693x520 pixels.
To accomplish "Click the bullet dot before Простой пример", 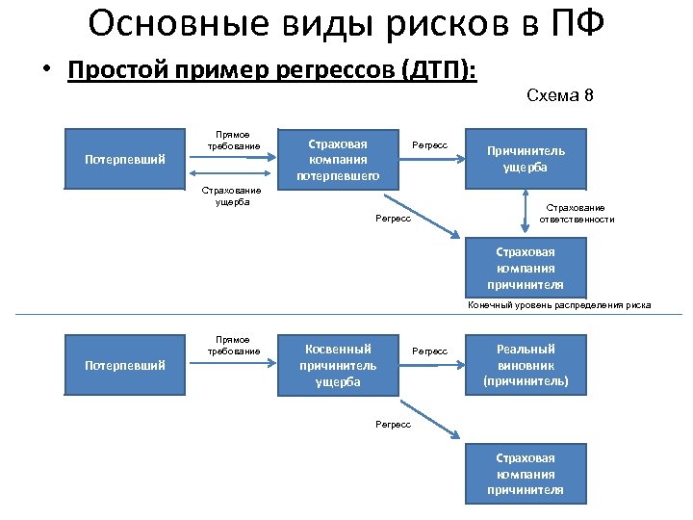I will [46, 72].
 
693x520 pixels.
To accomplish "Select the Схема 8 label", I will [561, 95].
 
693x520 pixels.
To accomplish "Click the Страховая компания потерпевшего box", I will [338, 158].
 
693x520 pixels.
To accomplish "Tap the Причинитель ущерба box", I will [526, 158].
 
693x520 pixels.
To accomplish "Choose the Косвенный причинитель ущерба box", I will [338, 365].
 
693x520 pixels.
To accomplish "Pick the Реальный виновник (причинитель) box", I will [526, 365].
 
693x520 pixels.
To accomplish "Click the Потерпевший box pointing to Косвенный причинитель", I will [125, 365].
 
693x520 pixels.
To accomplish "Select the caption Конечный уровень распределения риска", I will [559, 305].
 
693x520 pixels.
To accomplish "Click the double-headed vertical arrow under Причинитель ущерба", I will [526, 210].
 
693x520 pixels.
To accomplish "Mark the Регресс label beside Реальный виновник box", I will [429, 351].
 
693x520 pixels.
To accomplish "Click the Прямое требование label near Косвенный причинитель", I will [233, 345].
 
